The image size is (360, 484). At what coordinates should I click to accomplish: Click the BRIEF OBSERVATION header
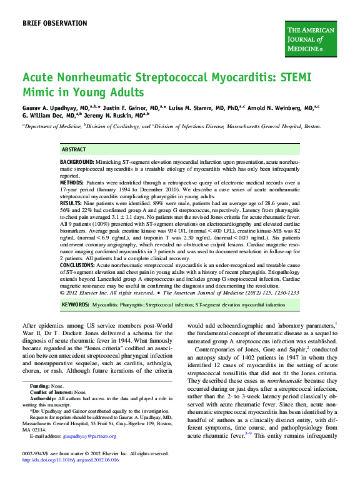[x=55, y=23]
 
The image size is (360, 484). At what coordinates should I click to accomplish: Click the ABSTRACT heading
[x=74, y=150]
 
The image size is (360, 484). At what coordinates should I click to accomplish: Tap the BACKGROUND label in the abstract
[x=77, y=161]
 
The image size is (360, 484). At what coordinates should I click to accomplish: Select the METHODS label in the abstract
[x=72, y=183]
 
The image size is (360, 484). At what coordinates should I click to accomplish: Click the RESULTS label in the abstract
[x=71, y=204]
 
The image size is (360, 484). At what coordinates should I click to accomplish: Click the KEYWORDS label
[x=75, y=305]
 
